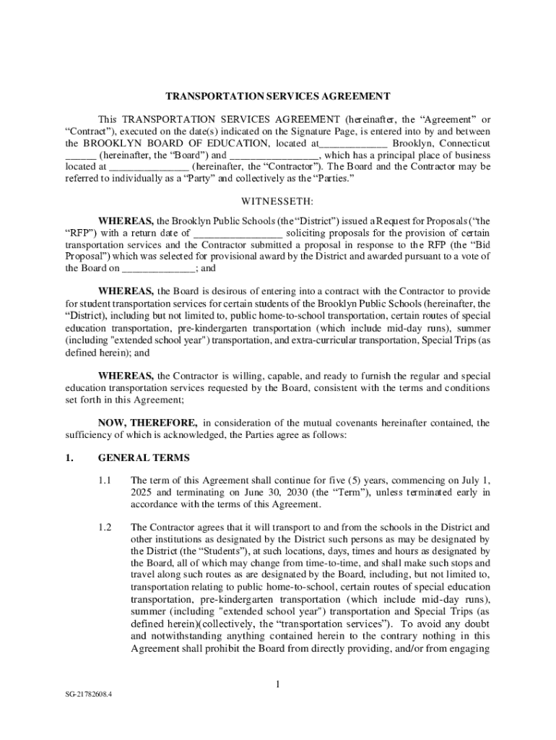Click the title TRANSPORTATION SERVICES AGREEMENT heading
[x=278, y=96]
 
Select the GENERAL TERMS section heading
[x=144, y=458]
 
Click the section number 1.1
[x=105, y=480]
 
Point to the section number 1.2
[x=105, y=527]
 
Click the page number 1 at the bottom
[x=278, y=685]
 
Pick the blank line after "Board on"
[x=159, y=269]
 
